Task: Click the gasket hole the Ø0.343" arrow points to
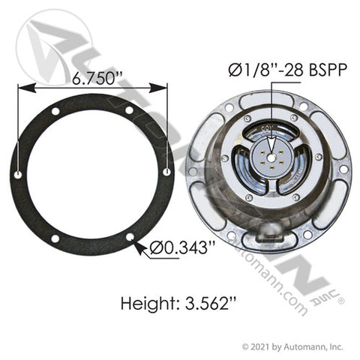coord(130,238)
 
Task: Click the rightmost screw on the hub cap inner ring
coord(319,157)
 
